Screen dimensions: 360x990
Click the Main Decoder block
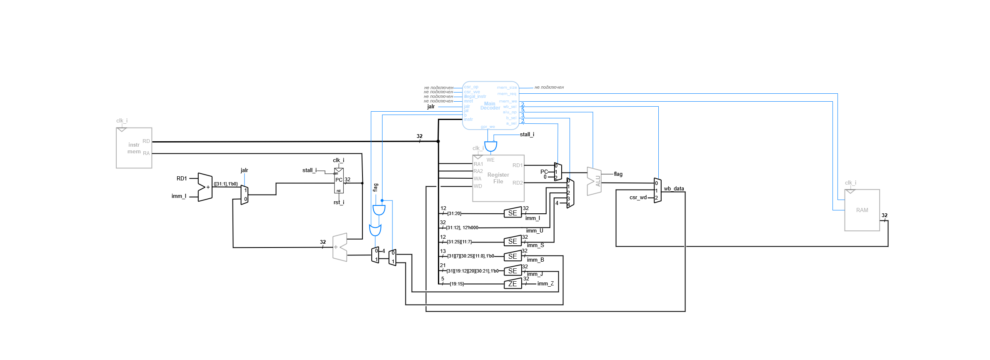490,105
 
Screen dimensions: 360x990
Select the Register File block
498,178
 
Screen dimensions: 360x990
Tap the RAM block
862,210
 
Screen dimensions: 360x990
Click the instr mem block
134,148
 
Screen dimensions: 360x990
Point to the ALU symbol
595,181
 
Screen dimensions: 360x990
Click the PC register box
339,180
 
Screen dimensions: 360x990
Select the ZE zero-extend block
512,284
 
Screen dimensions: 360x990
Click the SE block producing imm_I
512,213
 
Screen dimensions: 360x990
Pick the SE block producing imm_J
512,271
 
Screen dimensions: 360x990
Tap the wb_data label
674,189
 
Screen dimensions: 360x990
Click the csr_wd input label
638,197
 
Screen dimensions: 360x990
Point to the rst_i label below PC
339,202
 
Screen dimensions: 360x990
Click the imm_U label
535,231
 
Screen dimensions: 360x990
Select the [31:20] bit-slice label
454,213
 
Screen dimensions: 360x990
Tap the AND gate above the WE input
490,147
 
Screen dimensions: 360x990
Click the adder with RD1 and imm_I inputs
205,187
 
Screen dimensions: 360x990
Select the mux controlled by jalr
245,195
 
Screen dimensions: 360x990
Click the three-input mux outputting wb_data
657,190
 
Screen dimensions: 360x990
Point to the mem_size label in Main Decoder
507,87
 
